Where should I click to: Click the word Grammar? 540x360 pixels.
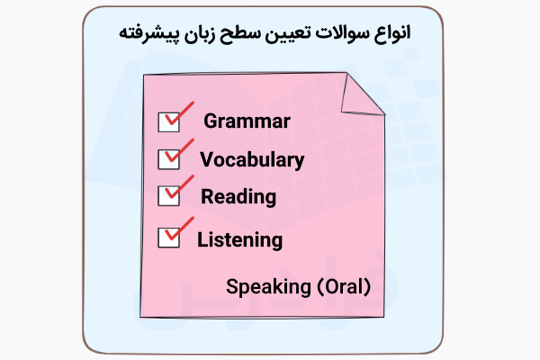(247, 121)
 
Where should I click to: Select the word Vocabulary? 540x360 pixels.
(251, 160)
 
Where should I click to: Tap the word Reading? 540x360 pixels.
(238, 197)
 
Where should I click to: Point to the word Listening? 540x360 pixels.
(239, 240)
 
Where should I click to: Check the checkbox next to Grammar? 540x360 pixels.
(168, 121)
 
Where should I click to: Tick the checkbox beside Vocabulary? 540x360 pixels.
(168, 159)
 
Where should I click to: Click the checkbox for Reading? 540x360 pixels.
(168, 195)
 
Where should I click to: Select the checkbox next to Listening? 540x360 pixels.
(168, 238)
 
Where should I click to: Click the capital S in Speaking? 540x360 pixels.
(231, 287)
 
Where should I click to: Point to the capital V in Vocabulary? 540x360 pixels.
(206, 160)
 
